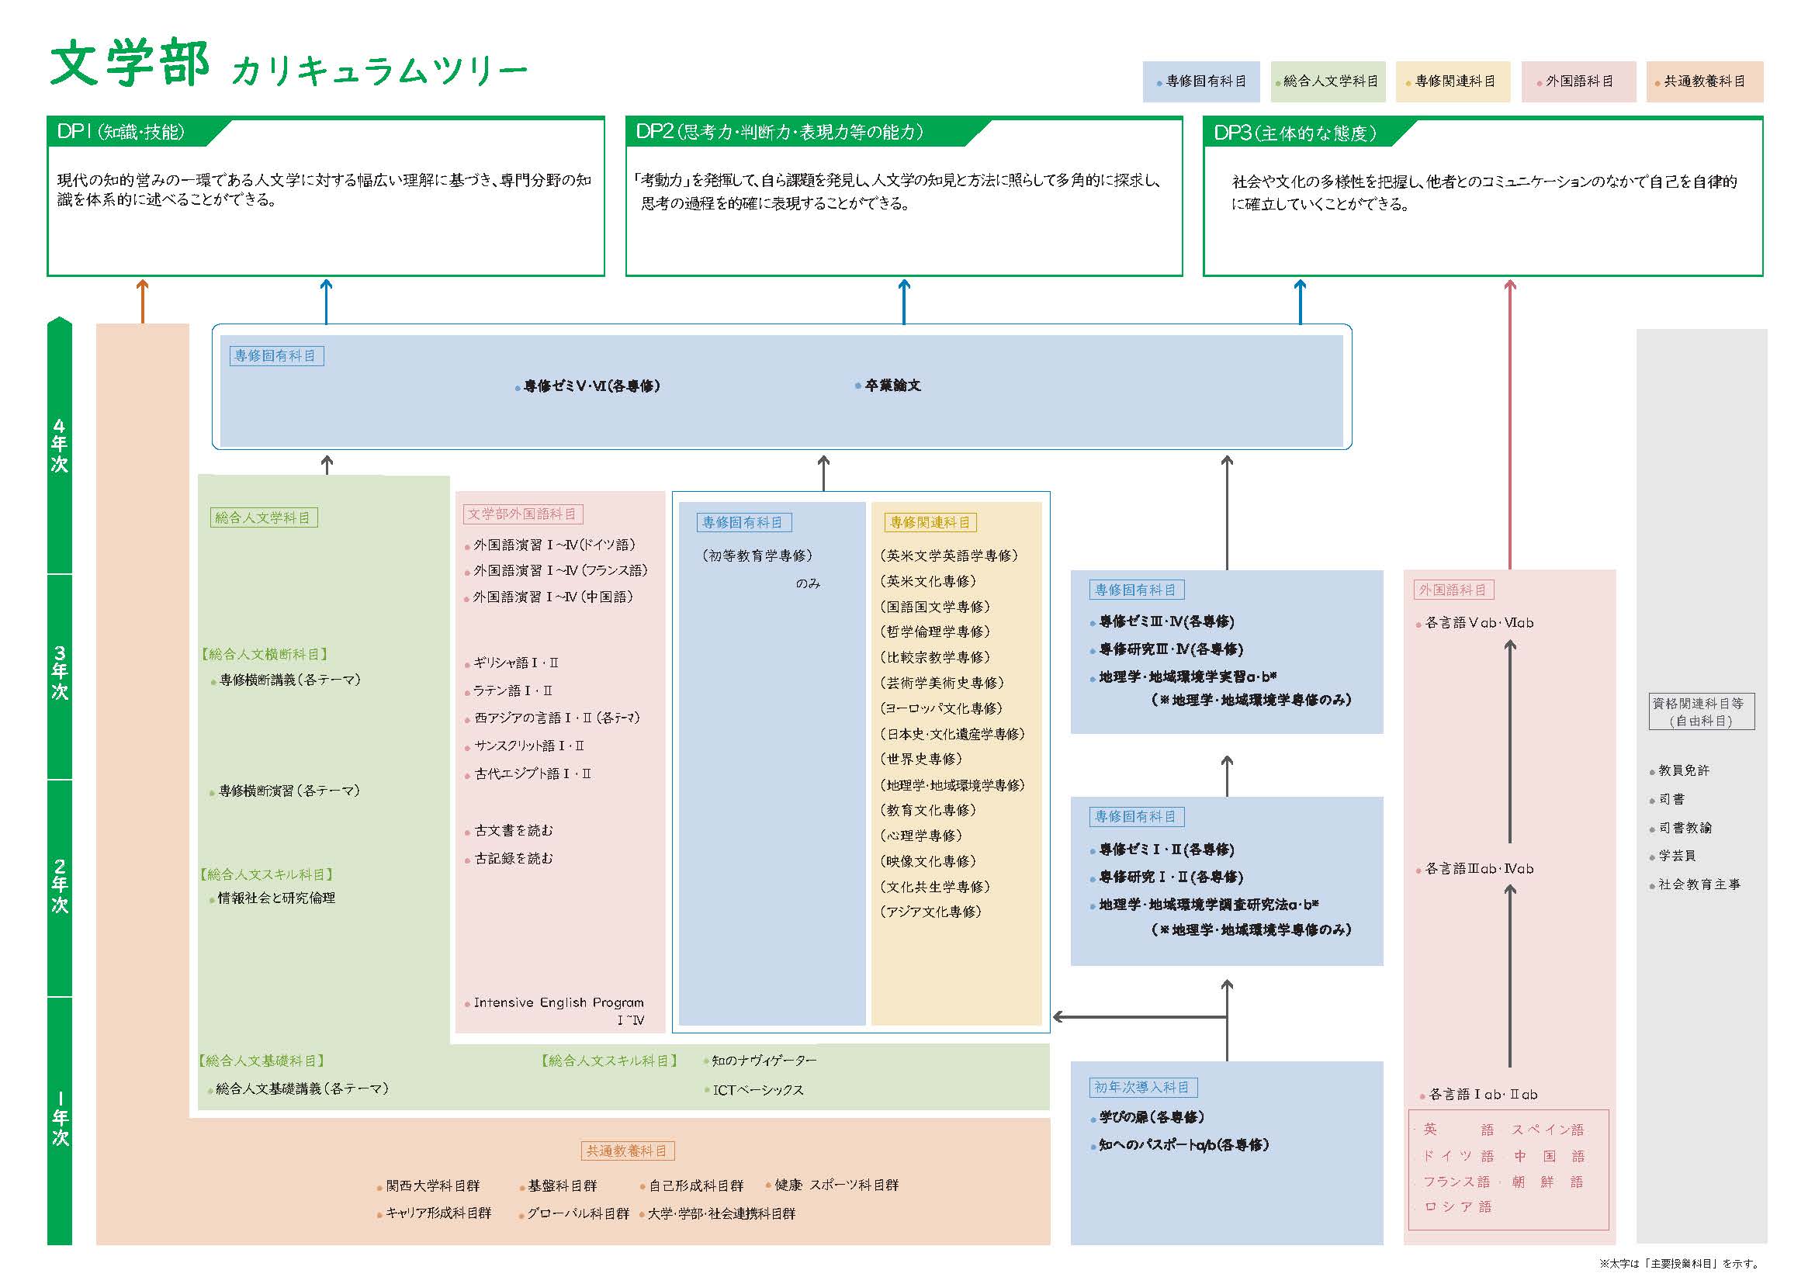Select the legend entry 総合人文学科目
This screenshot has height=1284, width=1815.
pos(1329,81)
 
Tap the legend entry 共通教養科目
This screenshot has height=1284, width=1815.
pos(1704,81)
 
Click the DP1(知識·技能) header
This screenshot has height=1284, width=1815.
pos(121,132)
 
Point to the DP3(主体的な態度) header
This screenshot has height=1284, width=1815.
pos(1295,133)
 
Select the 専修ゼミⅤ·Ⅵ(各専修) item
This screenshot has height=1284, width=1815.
pos(591,386)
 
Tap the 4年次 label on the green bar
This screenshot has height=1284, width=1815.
pos(59,446)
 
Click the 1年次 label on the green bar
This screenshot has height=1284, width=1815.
pos(60,1118)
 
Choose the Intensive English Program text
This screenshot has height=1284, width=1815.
pos(559,1002)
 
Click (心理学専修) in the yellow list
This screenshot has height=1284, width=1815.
pos(920,836)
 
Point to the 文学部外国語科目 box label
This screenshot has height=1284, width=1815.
pos(522,514)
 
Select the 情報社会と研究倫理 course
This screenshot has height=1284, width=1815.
pos(276,898)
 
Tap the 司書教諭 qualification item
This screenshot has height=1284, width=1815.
pos(1685,828)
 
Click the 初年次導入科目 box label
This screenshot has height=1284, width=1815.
pos(1141,1087)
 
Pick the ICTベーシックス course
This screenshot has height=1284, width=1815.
pos(757,1090)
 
